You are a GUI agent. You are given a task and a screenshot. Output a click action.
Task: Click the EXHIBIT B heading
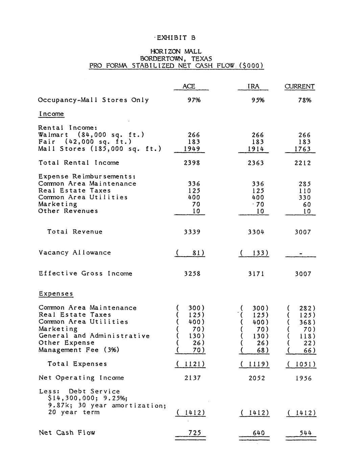click(x=176, y=37)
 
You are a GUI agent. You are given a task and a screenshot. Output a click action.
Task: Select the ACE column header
click(x=189, y=86)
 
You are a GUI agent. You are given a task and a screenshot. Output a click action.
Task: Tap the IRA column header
click(x=253, y=86)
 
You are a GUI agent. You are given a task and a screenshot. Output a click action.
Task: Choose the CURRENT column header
click(x=299, y=86)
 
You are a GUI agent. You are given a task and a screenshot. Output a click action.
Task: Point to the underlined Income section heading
click(x=51, y=114)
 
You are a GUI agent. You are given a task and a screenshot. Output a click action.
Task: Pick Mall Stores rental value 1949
click(x=192, y=149)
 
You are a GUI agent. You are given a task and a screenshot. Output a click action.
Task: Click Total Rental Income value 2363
click(x=256, y=163)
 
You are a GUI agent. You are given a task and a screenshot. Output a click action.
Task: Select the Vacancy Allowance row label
click(x=75, y=253)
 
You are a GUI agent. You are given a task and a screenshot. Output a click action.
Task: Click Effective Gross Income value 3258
click(x=192, y=274)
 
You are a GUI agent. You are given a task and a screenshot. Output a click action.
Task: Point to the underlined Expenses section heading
click(x=56, y=293)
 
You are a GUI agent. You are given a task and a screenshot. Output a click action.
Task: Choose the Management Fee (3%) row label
click(x=79, y=350)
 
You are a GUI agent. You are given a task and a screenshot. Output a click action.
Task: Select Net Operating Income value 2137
click(x=192, y=378)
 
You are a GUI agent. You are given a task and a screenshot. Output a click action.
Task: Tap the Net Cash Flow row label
click(x=67, y=433)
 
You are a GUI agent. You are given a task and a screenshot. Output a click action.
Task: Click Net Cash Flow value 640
click(x=258, y=433)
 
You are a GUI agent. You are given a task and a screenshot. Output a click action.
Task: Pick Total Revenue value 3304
click(x=256, y=232)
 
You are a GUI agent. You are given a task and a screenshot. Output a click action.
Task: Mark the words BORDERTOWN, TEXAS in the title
click(x=176, y=58)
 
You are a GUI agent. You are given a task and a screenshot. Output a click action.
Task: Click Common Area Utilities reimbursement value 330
click(x=304, y=198)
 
